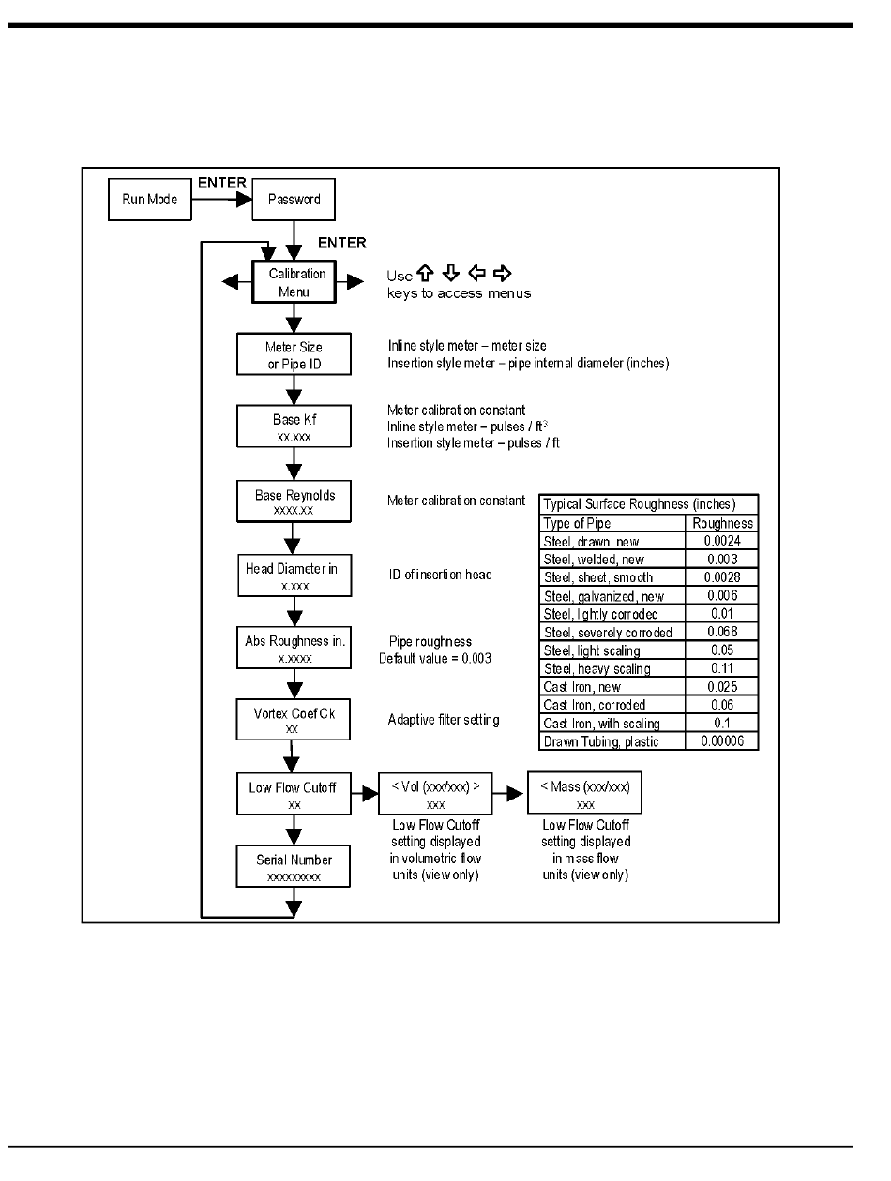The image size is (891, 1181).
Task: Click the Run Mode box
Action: (150, 200)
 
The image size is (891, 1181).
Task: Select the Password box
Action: (294, 200)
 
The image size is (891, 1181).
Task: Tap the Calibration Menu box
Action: (296, 282)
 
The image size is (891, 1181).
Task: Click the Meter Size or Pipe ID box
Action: (294, 355)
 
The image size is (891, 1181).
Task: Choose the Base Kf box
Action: (294, 427)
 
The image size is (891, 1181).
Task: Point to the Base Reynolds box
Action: (294, 501)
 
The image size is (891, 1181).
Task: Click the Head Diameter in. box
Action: (294, 575)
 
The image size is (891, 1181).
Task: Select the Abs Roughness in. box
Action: (294, 648)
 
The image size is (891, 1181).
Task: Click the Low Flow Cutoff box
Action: (294, 795)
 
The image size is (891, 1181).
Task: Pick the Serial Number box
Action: (294, 867)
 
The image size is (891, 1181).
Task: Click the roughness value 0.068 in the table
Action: (721, 632)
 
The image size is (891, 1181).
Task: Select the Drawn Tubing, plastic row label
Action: (601, 742)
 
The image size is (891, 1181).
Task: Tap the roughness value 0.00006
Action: (721, 742)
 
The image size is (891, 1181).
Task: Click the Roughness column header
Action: (721, 523)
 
